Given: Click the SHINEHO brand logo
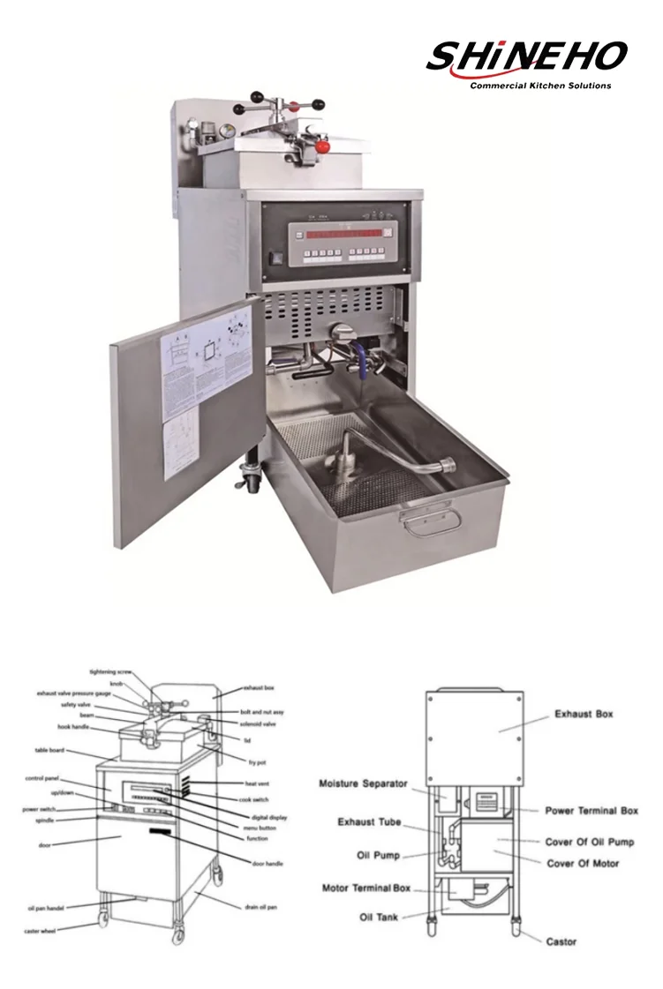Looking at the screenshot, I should click(x=526, y=60).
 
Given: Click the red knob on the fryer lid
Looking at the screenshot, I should click(x=322, y=142).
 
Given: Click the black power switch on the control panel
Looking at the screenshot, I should click(x=274, y=260).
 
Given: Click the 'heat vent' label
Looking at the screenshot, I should click(x=258, y=783).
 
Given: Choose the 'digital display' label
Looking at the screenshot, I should click(x=266, y=817).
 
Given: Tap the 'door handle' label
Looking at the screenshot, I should click(x=267, y=863).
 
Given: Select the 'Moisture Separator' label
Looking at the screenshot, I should click(x=363, y=783).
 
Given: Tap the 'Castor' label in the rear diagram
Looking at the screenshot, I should click(x=561, y=941).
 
